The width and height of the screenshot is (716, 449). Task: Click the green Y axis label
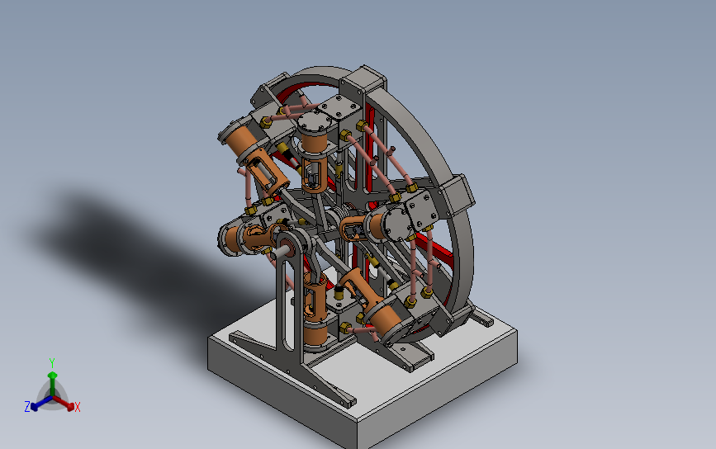click(x=52, y=363)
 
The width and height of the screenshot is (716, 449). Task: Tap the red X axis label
click(x=77, y=407)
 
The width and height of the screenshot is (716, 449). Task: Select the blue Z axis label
click(x=27, y=407)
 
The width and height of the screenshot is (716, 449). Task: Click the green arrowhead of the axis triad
click(x=53, y=375)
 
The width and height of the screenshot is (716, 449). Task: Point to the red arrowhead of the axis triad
click(x=70, y=405)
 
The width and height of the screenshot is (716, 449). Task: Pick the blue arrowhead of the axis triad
click(x=34, y=406)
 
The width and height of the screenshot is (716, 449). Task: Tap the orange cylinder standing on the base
click(x=315, y=333)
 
